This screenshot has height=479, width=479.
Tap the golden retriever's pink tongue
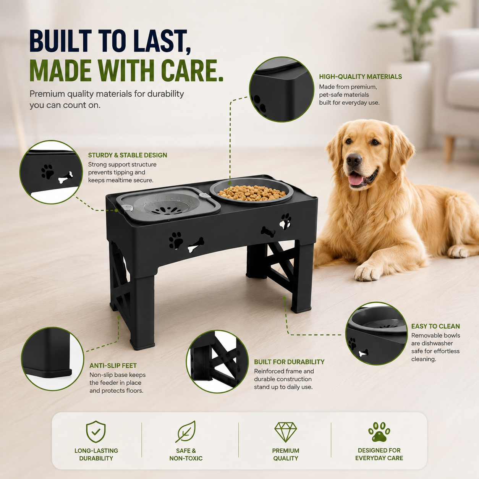tap(357, 180)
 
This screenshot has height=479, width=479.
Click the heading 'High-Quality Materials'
tap(361, 76)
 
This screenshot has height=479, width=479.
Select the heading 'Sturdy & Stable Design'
tap(128, 155)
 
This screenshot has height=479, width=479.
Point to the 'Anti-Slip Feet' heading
tap(113, 366)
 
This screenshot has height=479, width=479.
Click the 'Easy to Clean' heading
tap(435, 326)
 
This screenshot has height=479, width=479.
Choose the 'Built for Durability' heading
tap(289, 362)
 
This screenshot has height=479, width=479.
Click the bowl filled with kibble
tap(252, 191)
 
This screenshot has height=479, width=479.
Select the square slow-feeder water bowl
tap(168, 204)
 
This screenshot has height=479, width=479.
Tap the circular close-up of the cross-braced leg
tap(217, 362)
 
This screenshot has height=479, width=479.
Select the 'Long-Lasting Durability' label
tap(96, 455)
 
